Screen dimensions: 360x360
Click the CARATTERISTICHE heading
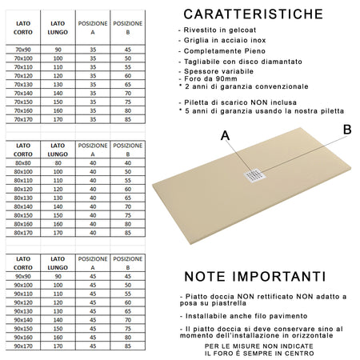254,14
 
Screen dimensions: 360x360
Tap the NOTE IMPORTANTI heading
254,277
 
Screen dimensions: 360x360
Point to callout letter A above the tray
226,136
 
